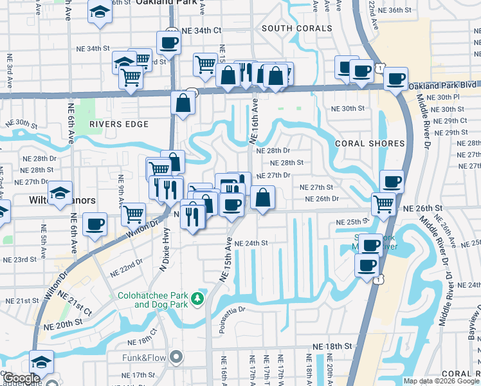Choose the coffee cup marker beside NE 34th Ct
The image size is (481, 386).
pyautogui.click(x=168, y=43)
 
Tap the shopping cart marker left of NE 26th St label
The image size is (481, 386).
pyautogui.click(x=384, y=204)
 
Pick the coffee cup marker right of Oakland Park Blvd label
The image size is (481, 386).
pyautogui.click(x=396, y=79)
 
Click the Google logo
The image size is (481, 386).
pyautogui.click(x=21, y=378)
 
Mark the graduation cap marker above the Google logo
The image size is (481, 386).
pyautogui.click(x=42, y=361)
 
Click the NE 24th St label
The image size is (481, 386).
pyautogui.click(x=251, y=243)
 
